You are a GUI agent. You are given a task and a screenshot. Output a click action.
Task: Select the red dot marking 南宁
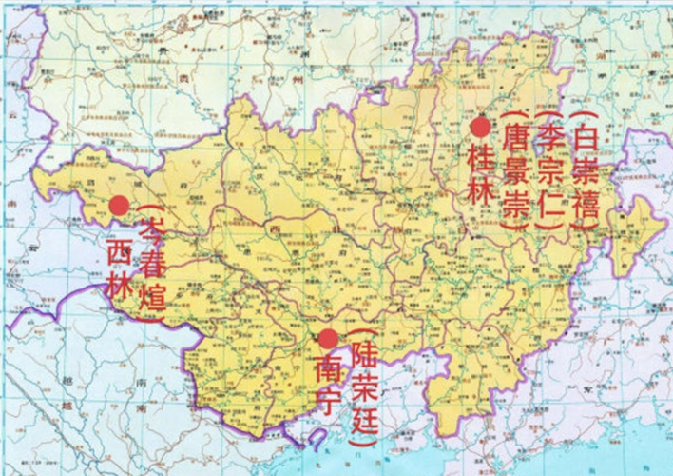coord(327,338)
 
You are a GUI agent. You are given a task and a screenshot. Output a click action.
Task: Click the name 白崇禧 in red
coord(587,171)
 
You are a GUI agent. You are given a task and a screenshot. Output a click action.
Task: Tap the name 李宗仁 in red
coord(551,171)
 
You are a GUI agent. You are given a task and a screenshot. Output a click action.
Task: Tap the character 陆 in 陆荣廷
coord(362,355)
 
